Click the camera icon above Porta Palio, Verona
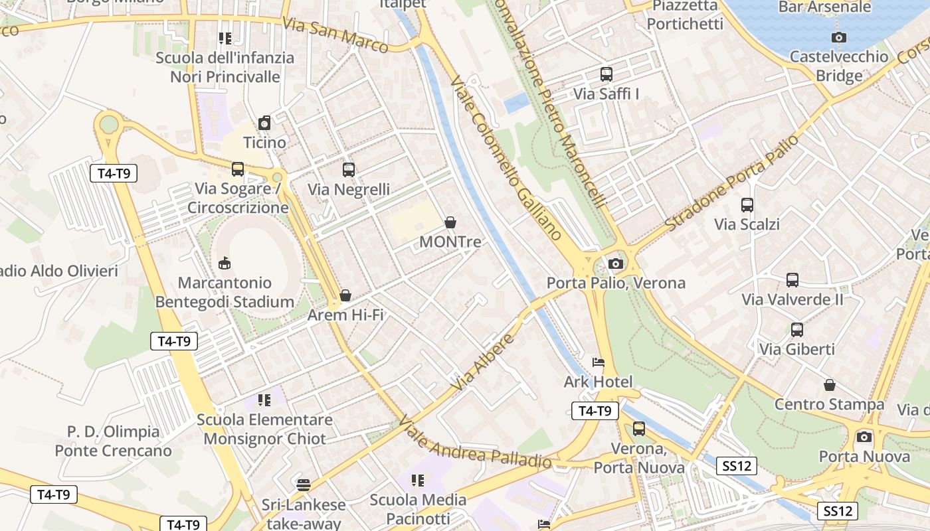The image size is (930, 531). coord(616,264)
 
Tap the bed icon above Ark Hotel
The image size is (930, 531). coord(599,362)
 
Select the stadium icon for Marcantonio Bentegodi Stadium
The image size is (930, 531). coord(225,264)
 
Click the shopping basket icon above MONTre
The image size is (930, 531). coord(450,222)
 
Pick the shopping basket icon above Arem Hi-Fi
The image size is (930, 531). coord(345,295)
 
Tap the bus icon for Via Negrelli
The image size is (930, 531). coord(349,170)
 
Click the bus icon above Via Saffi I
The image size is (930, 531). coord(606,74)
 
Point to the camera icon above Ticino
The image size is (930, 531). coord(264,123)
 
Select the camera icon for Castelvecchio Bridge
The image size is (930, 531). coord(839,38)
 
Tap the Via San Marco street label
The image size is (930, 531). coord(335,35)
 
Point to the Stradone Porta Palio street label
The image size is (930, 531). coord(731,183)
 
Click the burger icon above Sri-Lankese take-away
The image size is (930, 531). coord(304,485)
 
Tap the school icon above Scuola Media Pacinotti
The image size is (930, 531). coord(418,480)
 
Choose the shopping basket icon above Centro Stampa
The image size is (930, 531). coord(830,385)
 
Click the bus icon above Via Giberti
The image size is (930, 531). coord(797,329)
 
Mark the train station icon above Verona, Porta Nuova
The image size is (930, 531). coord(639,429)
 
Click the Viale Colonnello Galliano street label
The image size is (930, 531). coord(506,159)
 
